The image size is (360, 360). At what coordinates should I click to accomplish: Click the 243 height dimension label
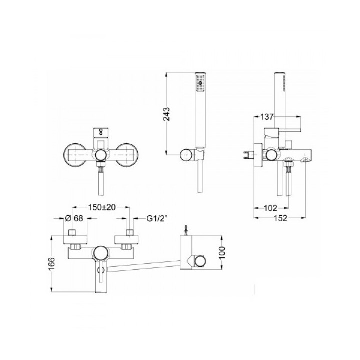[x=167, y=114]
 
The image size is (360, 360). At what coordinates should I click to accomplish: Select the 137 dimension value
[x=267, y=117]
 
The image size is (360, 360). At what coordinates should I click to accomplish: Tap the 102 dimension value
[x=271, y=208]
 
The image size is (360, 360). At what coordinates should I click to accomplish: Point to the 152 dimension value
[x=280, y=218]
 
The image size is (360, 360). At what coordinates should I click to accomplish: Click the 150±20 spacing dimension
[x=102, y=207]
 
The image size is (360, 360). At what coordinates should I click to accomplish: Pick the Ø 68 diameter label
[x=74, y=218]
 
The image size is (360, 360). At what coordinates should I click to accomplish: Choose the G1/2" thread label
[x=157, y=218]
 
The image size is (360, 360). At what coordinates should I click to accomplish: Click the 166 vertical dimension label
[x=52, y=264]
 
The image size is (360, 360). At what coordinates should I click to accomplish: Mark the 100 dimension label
[x=222, y=253]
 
